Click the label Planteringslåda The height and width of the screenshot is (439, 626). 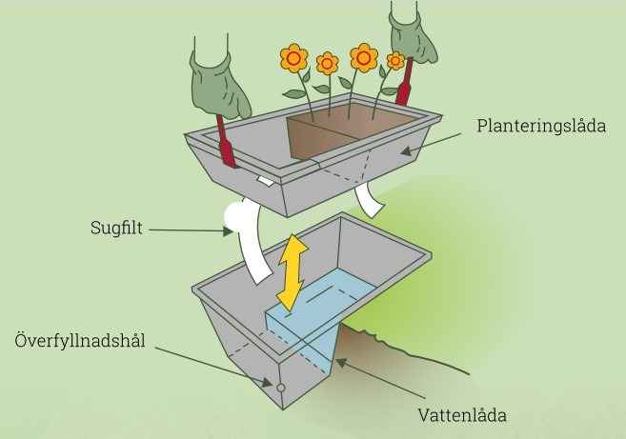541,126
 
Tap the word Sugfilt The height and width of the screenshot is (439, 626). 116,228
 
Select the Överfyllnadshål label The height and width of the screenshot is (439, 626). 80,340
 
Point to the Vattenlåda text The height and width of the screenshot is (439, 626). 462,415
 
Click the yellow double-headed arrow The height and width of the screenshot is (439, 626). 293,273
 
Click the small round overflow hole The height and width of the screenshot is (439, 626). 281,388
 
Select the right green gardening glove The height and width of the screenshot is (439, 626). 412,38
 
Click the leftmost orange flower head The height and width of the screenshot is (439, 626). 293,58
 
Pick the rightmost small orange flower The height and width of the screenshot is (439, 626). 395,61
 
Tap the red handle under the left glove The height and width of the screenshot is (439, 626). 227,142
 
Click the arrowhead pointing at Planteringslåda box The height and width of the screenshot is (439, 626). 407,151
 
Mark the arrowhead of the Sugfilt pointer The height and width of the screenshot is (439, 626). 228,231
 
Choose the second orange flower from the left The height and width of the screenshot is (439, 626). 328,64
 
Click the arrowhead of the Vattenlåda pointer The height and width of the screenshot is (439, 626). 341,363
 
